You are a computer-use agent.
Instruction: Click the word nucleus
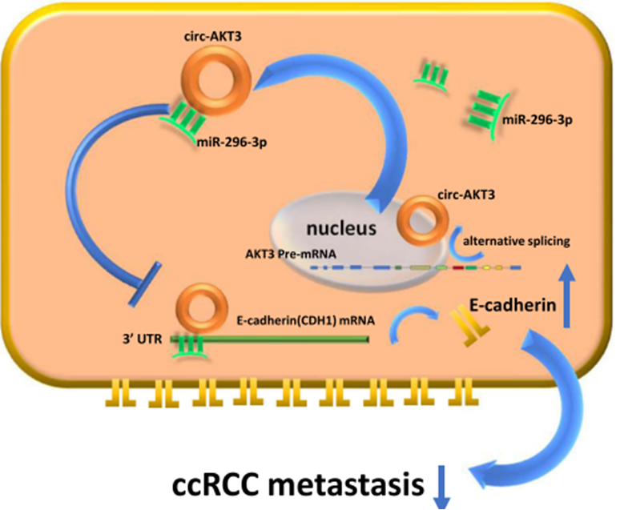tap(345, 227)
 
